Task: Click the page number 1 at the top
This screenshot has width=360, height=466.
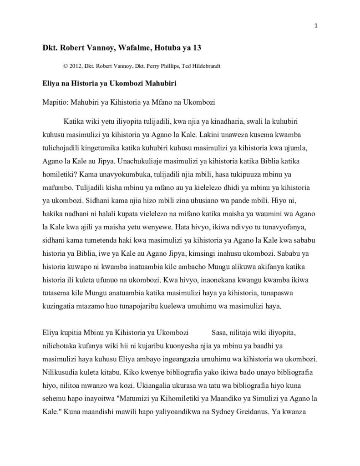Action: (x=315, y=25)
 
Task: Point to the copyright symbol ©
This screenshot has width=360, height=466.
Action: (x=66, y=66)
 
